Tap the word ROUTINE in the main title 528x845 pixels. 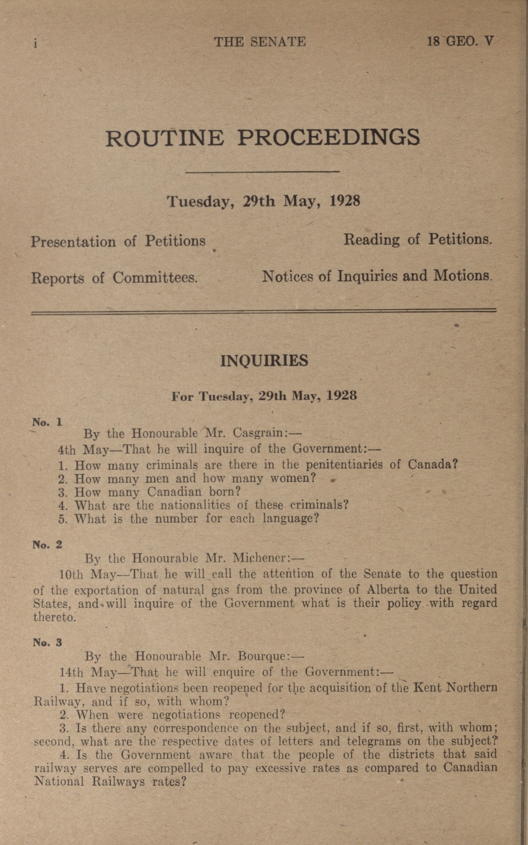click(164, 138)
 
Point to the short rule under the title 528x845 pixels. click(262, 172)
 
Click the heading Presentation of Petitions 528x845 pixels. click(118, 241)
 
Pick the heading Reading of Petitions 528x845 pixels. click(418, 239)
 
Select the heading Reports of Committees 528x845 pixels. click(114, 278)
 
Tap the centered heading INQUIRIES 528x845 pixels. click(264, 361)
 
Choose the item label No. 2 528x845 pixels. click(47, 544)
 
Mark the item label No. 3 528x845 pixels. click(47, 642)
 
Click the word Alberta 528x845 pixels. click(388, 590)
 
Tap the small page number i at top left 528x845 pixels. click(35, 43)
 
